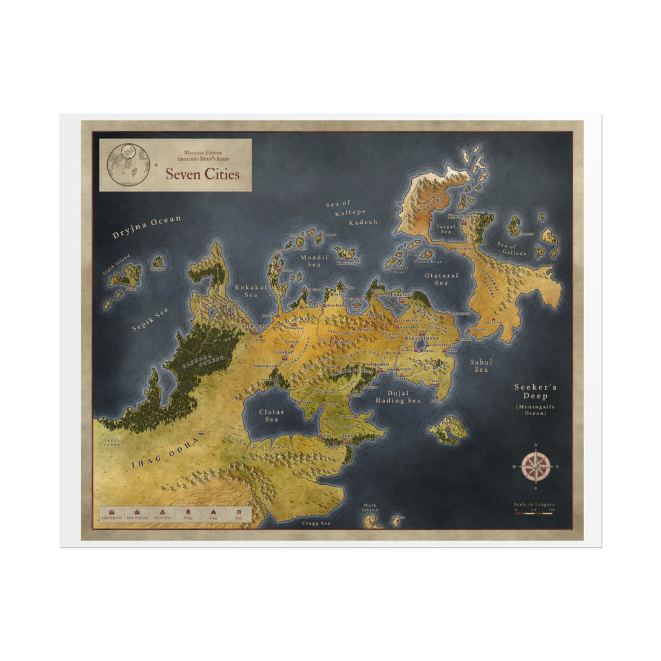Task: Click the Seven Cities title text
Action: [202, 174]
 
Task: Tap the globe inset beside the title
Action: [128, 165]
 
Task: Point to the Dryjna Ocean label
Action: [147, 227]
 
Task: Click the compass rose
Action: [536, 466]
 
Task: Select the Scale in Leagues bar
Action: [534, 510]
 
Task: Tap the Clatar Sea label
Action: [272, 415]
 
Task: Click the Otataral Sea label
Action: [441, 279]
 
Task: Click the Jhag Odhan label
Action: [168, 450]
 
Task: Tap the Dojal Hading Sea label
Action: [398, 396]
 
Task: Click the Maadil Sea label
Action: [314, 261]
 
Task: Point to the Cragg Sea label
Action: [316, 523]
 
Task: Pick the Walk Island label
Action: [369, 508]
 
